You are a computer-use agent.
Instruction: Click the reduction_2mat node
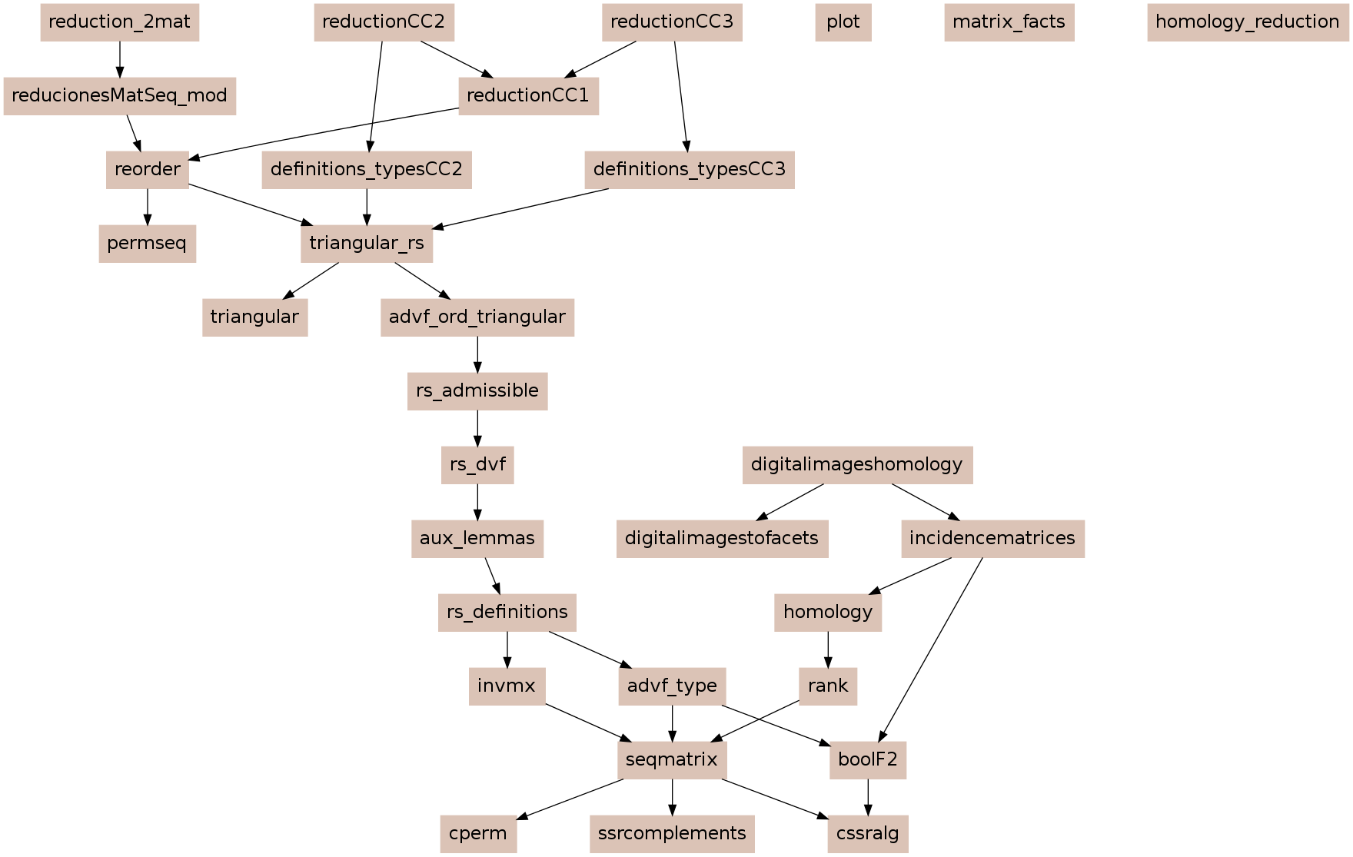pos(120,22)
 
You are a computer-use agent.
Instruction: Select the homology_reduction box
pos(1248,22)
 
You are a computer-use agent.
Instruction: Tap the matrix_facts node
pos(1009,22)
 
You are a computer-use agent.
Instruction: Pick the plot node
pos(843,22)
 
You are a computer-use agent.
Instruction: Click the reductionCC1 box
pos(529,96)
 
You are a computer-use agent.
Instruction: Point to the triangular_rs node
pos(367,244)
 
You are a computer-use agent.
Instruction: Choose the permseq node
pos(148,244)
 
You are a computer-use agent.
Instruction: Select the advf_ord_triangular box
pos(477,317)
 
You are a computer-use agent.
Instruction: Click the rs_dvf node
pos(477,465)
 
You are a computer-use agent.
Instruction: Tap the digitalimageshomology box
pos(857,465)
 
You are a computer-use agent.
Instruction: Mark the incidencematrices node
pos(992,539)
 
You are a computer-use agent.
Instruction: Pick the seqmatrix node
pos(673,760)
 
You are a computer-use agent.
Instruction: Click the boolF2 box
pos(868,760)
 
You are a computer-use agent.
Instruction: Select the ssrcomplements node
pos(673,834)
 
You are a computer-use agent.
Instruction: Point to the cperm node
pos(478,834)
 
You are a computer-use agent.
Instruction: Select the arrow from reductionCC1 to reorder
pos(324,135)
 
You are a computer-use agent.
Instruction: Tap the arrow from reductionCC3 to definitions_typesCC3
pos(682,96)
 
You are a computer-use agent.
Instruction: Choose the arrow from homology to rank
pos(828,649)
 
